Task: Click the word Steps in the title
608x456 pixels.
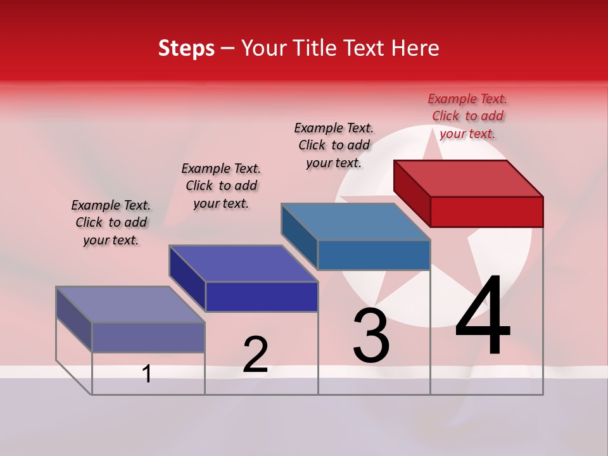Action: coord(186,48)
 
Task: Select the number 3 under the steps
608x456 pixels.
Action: coord(371,336)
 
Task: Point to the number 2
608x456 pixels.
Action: coord(255,355)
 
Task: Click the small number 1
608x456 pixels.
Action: coord(147,374)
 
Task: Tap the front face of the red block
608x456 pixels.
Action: coord(486,212)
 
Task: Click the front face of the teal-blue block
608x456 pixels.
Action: coord(374,255)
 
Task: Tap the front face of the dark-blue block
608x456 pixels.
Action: coord(262,296)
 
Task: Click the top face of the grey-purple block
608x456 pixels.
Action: coord(130,305)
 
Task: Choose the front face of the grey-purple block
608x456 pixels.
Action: coord(148,337)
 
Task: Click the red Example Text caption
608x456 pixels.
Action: coord(467,116)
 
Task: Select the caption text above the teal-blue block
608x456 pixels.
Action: coord(334,145)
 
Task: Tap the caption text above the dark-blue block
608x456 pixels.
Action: coord(221,186)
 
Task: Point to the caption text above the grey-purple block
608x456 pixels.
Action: coord(111,222)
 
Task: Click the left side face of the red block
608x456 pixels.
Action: coord(412,190)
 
